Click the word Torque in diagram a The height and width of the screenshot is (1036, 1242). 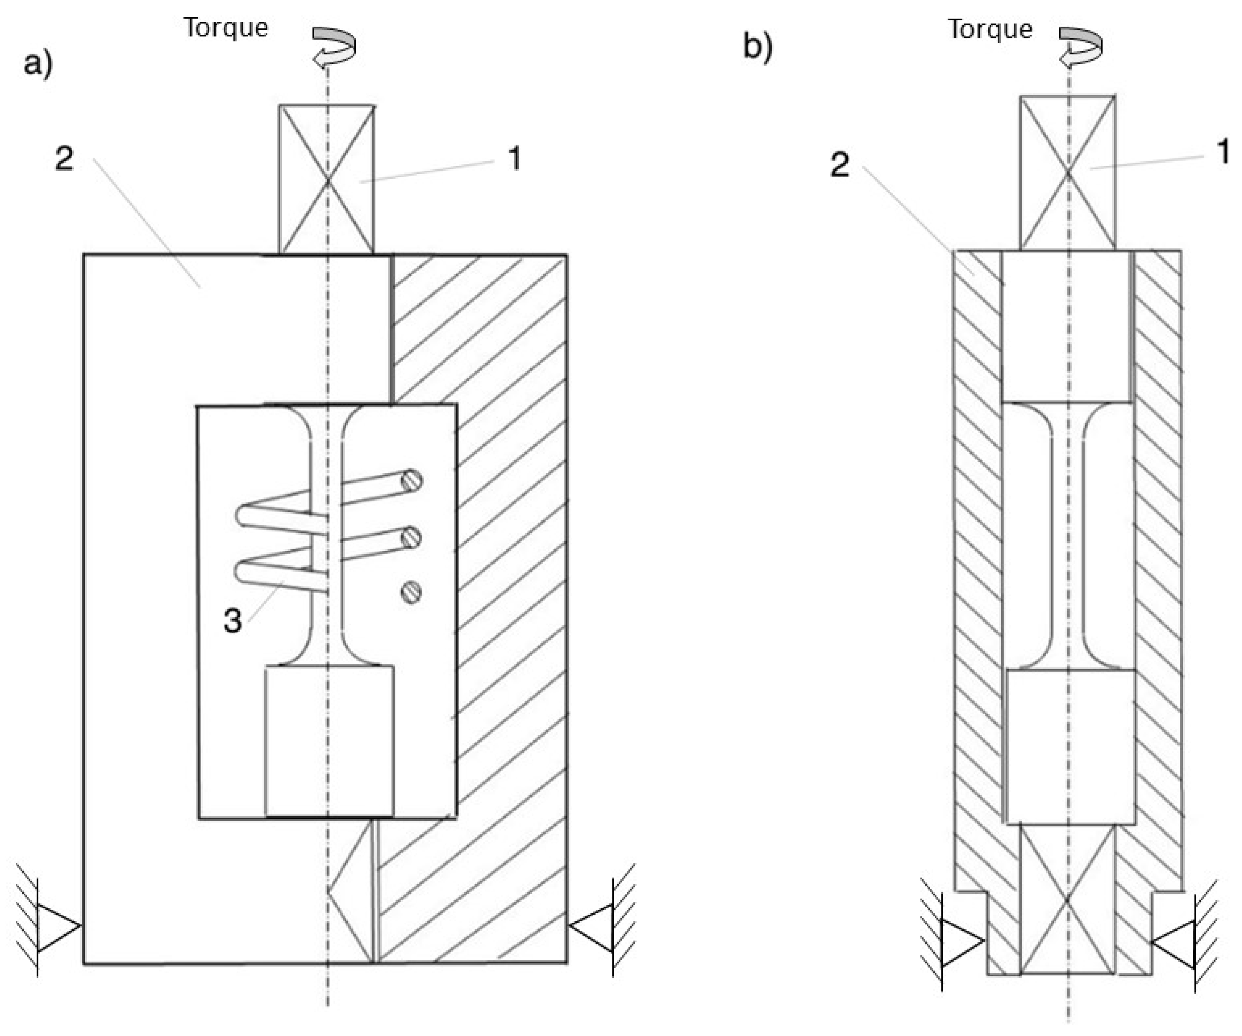(225, 28)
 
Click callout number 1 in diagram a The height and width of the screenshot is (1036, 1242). (514, 158)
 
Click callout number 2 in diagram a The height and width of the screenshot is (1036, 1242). (64, 158)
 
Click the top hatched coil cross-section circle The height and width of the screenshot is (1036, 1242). (412, 481)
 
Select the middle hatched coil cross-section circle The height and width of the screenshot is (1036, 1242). (412, 537)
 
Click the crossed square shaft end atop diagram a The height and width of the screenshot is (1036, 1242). (326, 180)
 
